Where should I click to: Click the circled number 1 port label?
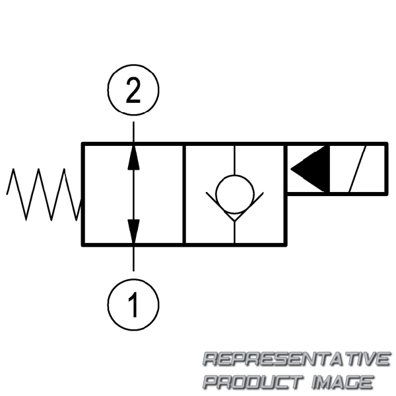click(x=133, y=304)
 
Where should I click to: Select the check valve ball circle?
click(x=234, y=193)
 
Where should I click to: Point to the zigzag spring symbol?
click(x=44, y=193)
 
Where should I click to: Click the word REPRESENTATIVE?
click(x=296, y=360)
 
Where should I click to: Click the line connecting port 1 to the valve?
click(x=133, y=258)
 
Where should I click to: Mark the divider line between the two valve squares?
click(x=184, y=194)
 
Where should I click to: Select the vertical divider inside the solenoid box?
click(x=329, y=168)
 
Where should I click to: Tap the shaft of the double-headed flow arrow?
click(x=133, y=194)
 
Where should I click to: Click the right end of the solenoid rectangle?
click(x=386, y=168)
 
